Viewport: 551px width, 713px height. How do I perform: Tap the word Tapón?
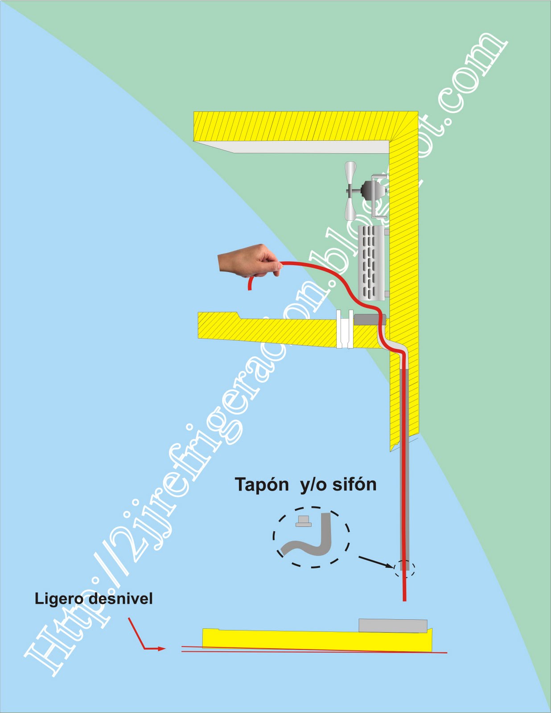pyautogui.click(x=262, y=484)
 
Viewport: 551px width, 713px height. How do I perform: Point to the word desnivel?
pyautogui.click(x=120, y=598)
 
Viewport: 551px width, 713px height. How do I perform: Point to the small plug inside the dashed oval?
pyautogui.click(x=304, y=521)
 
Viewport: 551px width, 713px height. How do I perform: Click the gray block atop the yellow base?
pyautogui.click(x=393, y=625)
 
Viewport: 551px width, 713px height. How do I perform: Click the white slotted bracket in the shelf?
pyautogui.click(x=345, y=329)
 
